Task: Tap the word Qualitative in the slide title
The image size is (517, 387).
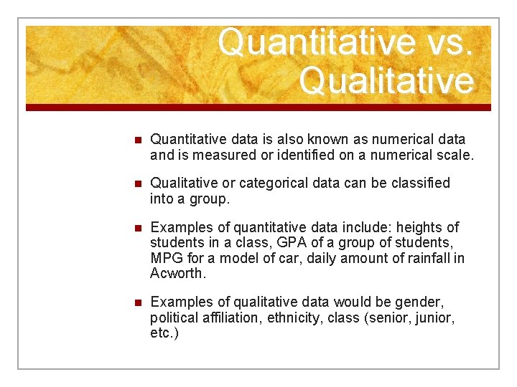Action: click(x=387, y=80)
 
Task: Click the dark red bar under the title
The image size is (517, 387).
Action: click(x=258, y=107)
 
